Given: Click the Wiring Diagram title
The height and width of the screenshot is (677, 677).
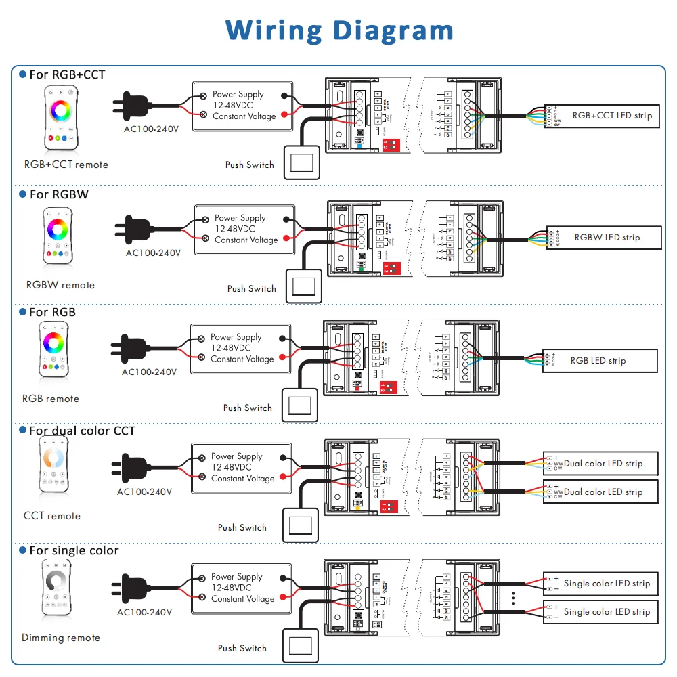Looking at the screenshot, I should (339, 30).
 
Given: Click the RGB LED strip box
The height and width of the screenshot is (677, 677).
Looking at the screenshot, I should (600, 361).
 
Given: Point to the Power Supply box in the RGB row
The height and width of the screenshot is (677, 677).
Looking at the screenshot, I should (242, 348).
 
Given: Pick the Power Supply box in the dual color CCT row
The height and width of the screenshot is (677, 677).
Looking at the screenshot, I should (242, 467).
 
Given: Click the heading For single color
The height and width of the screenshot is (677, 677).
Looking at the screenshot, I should (74, 550).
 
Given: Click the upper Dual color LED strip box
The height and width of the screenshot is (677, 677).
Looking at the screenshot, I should (602, 464).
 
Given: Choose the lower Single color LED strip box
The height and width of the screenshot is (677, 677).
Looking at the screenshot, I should (601, 612).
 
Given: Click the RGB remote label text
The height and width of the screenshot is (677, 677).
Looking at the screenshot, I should (51, 399).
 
